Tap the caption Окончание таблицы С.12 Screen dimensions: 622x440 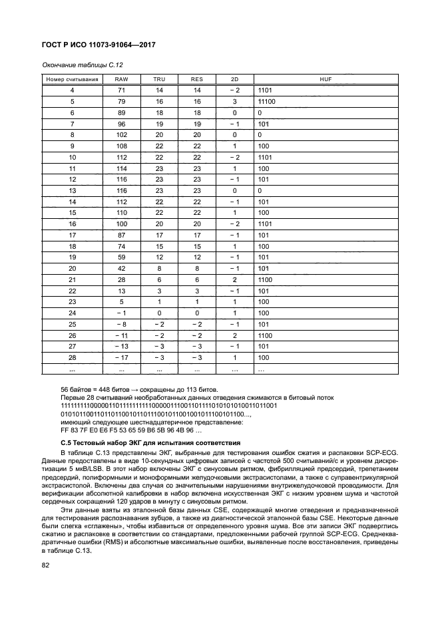pos(83,65)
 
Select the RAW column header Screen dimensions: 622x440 pos(122,79)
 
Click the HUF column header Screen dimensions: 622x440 pos(326,79)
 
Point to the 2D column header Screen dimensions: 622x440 pos(234,79)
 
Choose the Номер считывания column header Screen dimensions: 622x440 pos(72,79)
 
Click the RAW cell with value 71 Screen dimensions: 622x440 pos(122,90)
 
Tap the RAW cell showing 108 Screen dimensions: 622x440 pos(122,146)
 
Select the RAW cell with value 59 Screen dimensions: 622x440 pos(122,257)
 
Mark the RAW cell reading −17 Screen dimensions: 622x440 pos(122,357)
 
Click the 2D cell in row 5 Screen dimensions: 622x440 pos(234,101)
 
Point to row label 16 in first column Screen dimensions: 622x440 pos(72,224)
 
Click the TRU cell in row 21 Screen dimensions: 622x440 pos(160,279)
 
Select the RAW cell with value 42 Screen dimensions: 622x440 pos(122,268)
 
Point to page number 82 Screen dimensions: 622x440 pos(45,565)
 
